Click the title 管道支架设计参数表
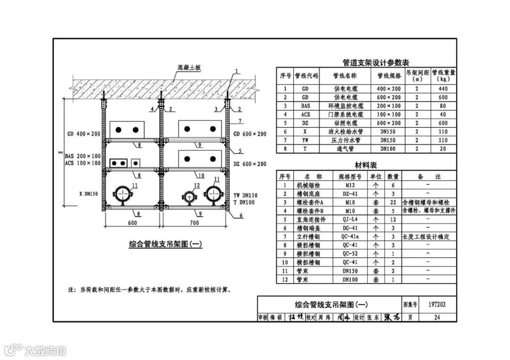[x=375, y=62]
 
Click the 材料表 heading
[x=366, y=165]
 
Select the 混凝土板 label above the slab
[x=189, y=67]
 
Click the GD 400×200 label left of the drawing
[x=83, y=134]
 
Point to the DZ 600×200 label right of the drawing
[x=249, y=164]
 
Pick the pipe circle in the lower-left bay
[x=123, y=194]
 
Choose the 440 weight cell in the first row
[x=443, y=89]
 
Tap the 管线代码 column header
[x=306, y=75]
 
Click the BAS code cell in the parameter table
[x=306, y=106]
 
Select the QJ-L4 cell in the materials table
[x=350, y=219]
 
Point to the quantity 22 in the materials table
[x=393, y=202]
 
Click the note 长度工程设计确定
[x=426, y=236]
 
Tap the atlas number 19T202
[x=437, y=305]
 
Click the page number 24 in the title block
[x=437, y=318]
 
